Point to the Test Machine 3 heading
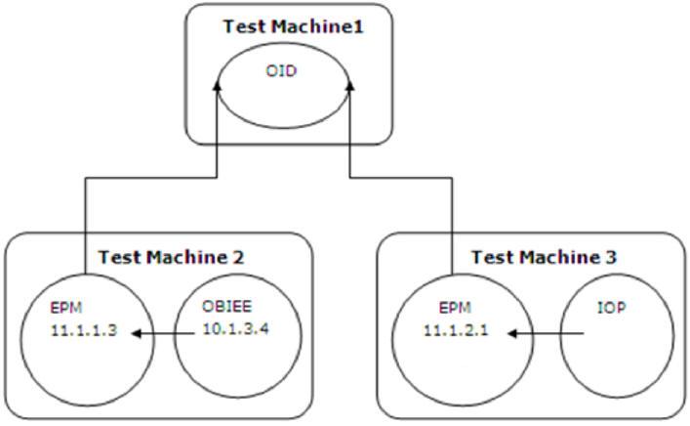(530, 258)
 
